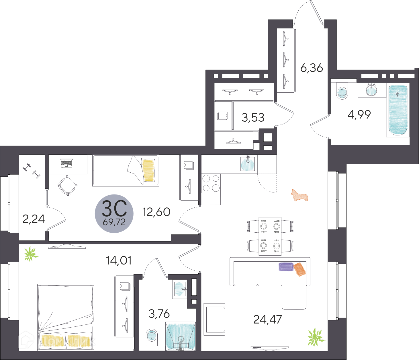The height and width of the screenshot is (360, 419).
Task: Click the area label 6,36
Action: [312, 68]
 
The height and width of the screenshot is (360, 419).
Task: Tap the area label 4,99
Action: [359, 114]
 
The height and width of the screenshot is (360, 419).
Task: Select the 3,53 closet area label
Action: [253, 117]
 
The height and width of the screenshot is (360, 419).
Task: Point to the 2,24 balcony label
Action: [34, 219]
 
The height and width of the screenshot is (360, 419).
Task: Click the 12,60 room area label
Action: [156, 212]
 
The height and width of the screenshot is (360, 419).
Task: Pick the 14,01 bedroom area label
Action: [119, 260]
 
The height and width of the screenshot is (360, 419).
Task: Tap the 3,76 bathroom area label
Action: [159, 314]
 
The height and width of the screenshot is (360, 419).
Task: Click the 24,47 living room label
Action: [267, 319]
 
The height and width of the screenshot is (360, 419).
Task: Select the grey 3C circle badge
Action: [114, 213]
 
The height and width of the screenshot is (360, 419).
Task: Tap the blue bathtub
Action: [398, 110]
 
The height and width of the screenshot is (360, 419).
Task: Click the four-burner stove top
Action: [211, 183]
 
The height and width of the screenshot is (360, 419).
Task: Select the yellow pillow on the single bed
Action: [148, 170]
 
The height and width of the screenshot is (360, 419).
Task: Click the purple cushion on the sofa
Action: [286, 266]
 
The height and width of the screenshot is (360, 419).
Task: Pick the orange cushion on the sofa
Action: [300, 269]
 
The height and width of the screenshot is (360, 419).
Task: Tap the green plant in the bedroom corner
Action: [31, 254]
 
